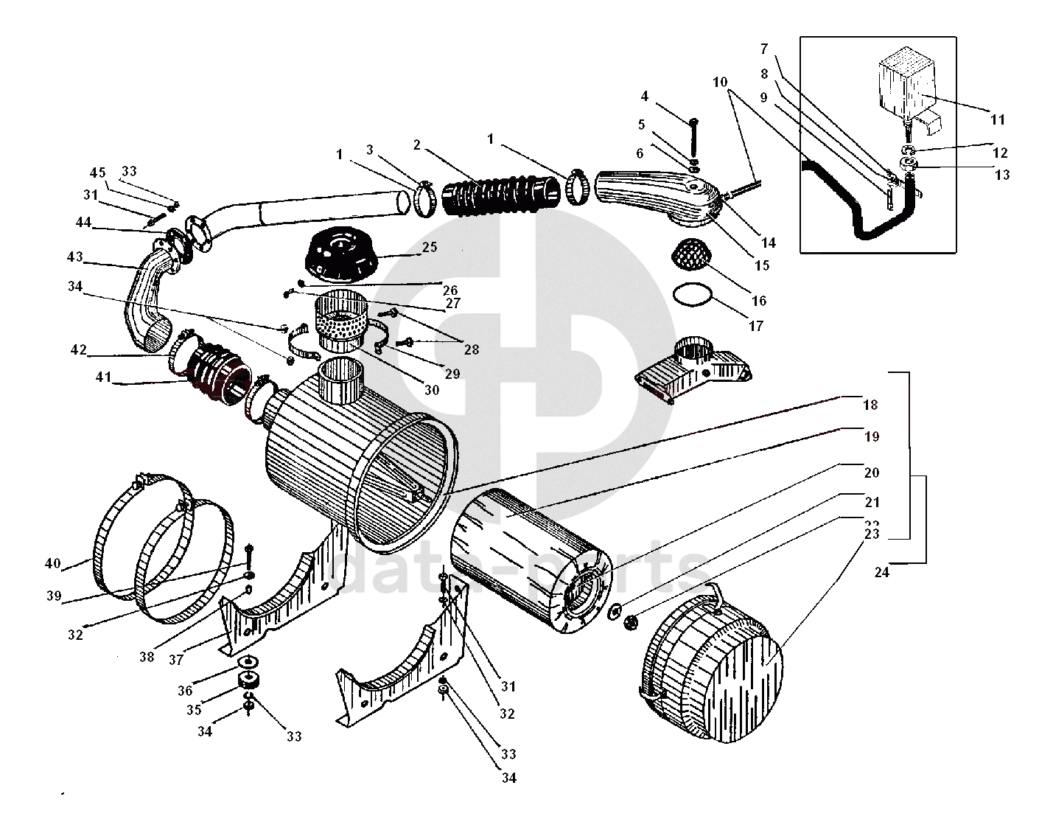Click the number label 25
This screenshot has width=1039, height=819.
[430, 247]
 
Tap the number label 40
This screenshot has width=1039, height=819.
[52, 564]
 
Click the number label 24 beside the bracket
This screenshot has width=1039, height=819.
[881, 572]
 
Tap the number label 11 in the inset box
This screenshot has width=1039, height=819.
[997, 119]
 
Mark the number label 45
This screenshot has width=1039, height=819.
[98, 172]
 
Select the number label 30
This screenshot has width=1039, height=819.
[432, 389]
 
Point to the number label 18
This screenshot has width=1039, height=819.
[870, 405]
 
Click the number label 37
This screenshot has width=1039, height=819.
[176, 660]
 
